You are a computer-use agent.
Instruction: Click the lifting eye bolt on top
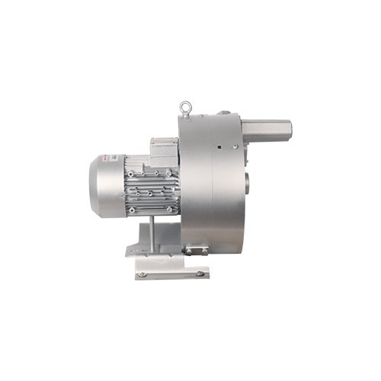pyautogui.click(x=184, y=107)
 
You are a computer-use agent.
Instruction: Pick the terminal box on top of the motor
pyautogui.click(x=163, y=150)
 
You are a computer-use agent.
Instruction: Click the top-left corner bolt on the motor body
pyautogui.click(x=131, y=174)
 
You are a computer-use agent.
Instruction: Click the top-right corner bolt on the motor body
pyautogui.click(x=169, y=173)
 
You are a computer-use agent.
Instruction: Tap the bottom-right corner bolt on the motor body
pyautogui.click(x=169, y=208)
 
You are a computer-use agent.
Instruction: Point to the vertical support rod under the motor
pyautogui.click(x=150, y=232)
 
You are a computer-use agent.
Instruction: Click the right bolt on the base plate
pyautogui.click(x=199, y=272)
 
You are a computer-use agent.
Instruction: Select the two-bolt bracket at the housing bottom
pyautogui.click(x=195, y=250)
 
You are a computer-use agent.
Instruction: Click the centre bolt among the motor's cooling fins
pyautogui.click(x=150, y=192)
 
